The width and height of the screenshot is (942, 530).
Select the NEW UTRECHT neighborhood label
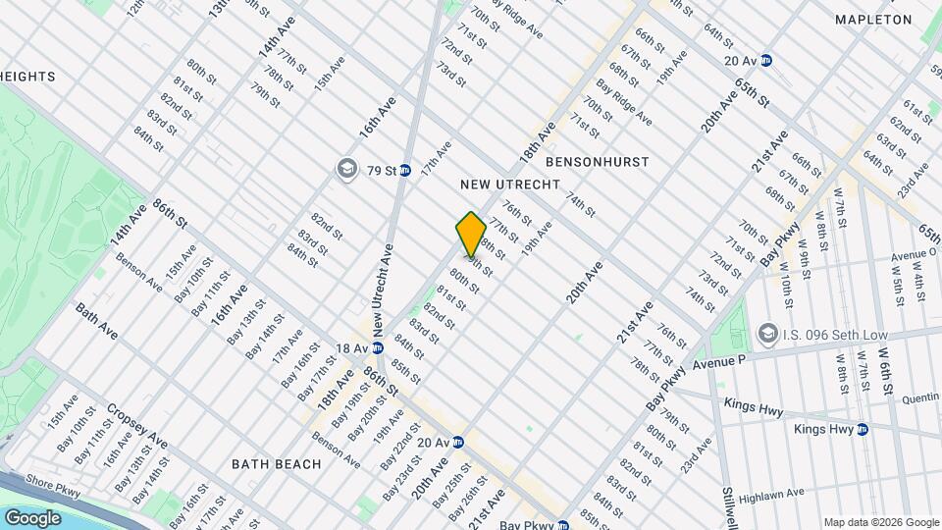click(510, 185)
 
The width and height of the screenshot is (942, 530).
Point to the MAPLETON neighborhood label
click(873, 20)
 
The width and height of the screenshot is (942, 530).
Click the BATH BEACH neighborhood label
click(277, 463)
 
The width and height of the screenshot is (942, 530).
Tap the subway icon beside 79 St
click(404, 170)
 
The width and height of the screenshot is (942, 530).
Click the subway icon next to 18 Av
click(376, 348)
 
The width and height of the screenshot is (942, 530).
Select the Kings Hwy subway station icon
click(863, 429)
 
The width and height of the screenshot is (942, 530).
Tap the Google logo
click(32, 517)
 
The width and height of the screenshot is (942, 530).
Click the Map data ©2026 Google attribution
click(880, 522)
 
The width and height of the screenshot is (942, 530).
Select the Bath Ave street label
click(96, 321)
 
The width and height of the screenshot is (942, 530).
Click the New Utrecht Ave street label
click(386, 285)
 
